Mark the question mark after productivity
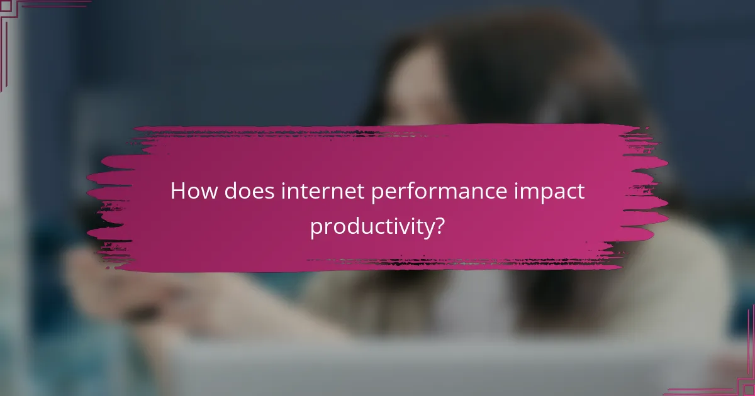click(x=439, y=226)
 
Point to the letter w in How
click(x=205, y=192)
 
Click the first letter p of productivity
click(x=316, y=229)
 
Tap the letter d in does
click(x=227, y=191)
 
